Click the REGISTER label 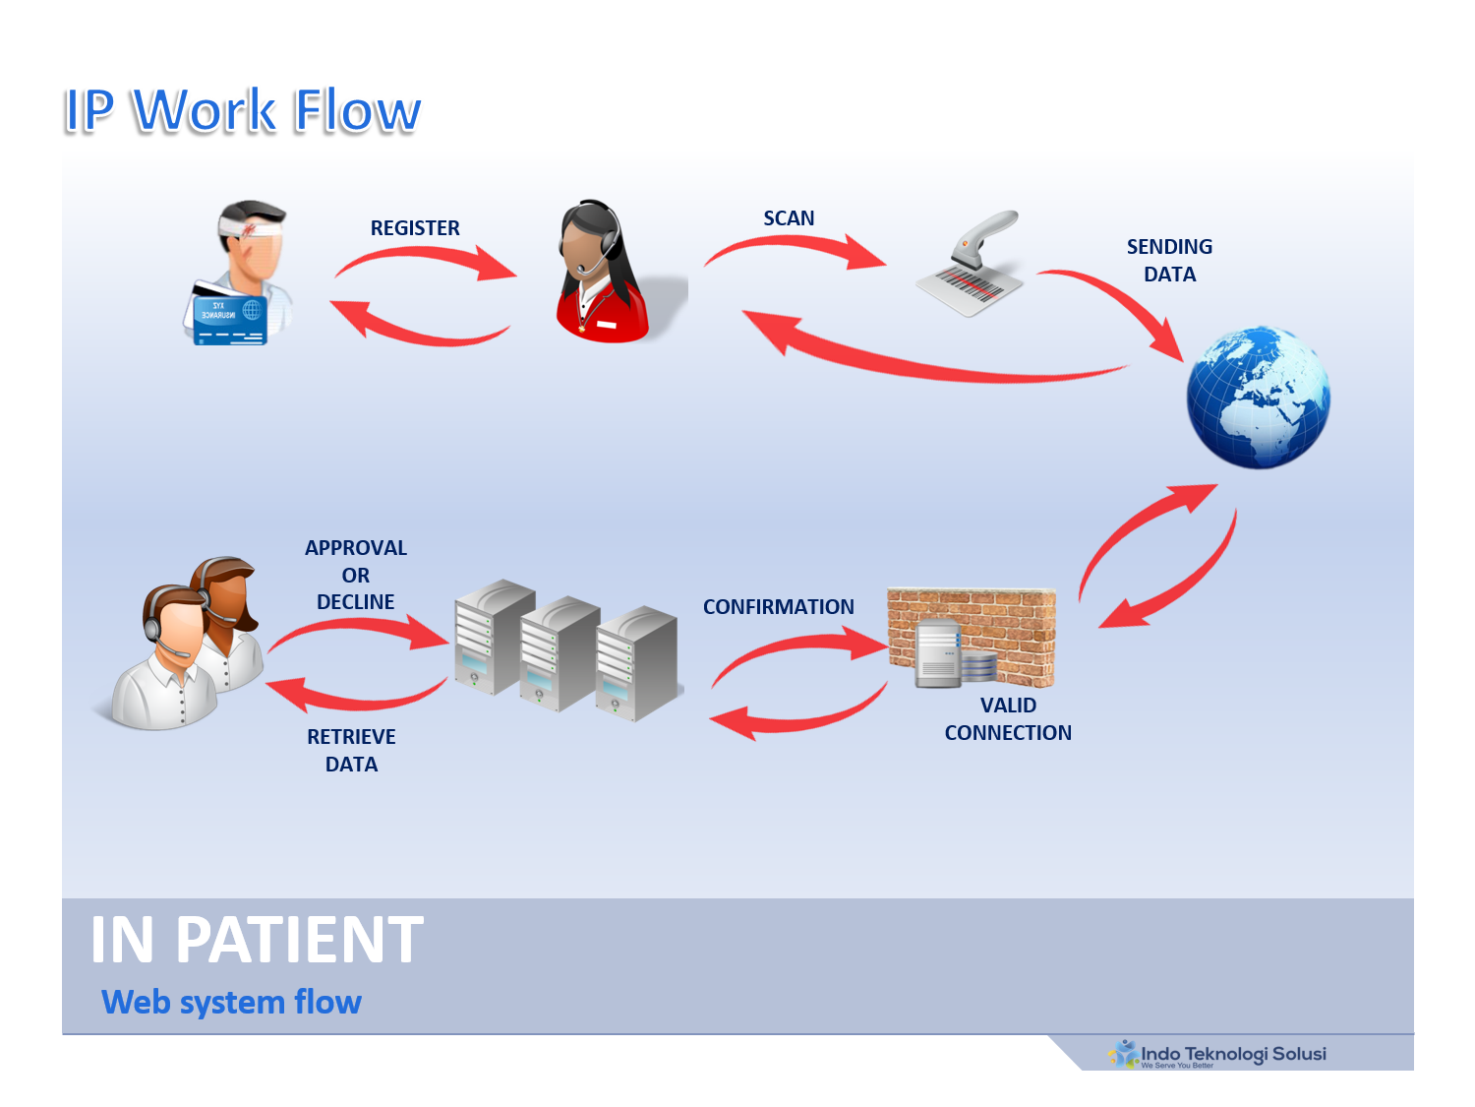(415, 228)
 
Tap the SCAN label (789, 218)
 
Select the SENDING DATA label (1169, 261)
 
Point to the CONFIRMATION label (778, 607)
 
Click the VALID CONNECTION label (1008, 719)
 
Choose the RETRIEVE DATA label (351, 751)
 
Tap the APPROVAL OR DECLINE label (356, 575)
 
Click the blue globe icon (1258, 398)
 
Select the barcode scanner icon (971, 264)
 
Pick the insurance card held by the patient (227, 315)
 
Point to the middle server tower (558, 653)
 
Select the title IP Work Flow (242, 110)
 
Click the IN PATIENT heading (257, 940)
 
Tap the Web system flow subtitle (232, 1002)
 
